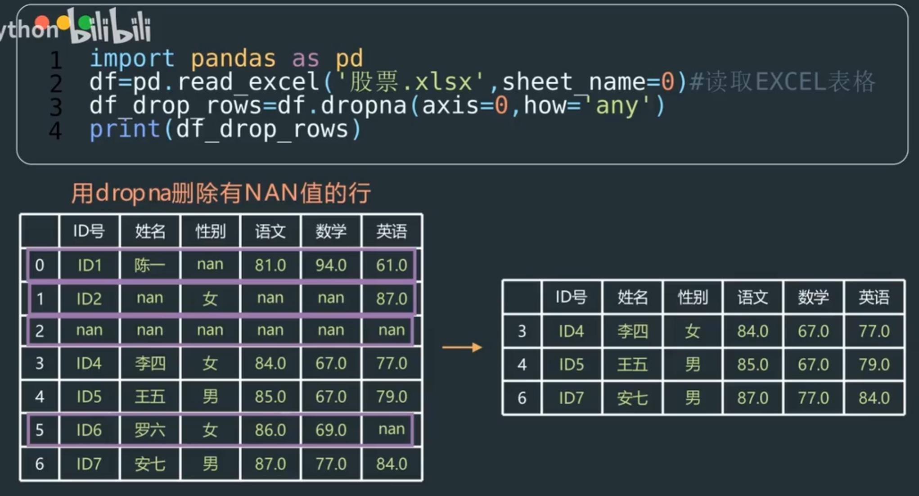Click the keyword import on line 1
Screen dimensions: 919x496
[132, 59]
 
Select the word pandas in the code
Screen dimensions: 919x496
[233, 59]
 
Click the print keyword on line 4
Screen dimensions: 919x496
[125, 129]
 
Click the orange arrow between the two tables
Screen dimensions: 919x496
[462, 347]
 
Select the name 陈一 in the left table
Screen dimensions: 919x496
[150, 265]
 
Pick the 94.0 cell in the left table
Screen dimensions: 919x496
[331, 265]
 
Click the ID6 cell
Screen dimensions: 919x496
[89, 430]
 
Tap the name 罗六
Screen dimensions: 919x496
[150, 430]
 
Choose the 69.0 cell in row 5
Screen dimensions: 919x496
[331, 430]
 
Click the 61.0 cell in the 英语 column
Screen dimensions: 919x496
[392, 265]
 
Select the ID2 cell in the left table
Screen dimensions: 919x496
[89, 298]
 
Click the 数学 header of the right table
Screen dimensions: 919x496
[813, 297]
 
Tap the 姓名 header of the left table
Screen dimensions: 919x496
[150, 231]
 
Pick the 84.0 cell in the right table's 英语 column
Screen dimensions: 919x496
[874, 398]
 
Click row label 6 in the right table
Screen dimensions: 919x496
[522, 398]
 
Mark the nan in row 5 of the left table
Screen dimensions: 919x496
[392, 429]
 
